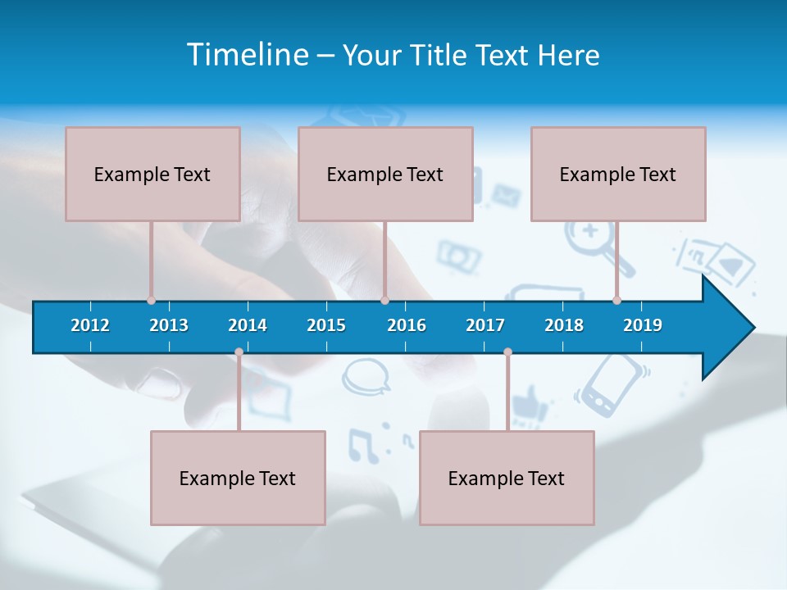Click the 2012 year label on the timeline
[x=90, y=325]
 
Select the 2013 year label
[x=169, y=325]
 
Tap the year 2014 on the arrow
[x=248, y=325]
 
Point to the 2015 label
[x=326, y=325]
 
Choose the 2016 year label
[x=407, y=325]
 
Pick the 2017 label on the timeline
[x=485, y=325]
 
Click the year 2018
[x=564, y=325]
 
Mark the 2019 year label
[x=643, y=325]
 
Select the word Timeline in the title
[x=248, y=55]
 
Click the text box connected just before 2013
[x=152, y=174]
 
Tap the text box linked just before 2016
[x=385, y=174]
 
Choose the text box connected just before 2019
[x=618, y=174]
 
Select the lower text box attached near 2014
[x=238, y=478]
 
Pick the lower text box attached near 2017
[x=507, y=478]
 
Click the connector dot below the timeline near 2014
[x=239, y=352]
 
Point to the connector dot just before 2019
[x=616, y=300]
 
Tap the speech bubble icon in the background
[x=366, y=377]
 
